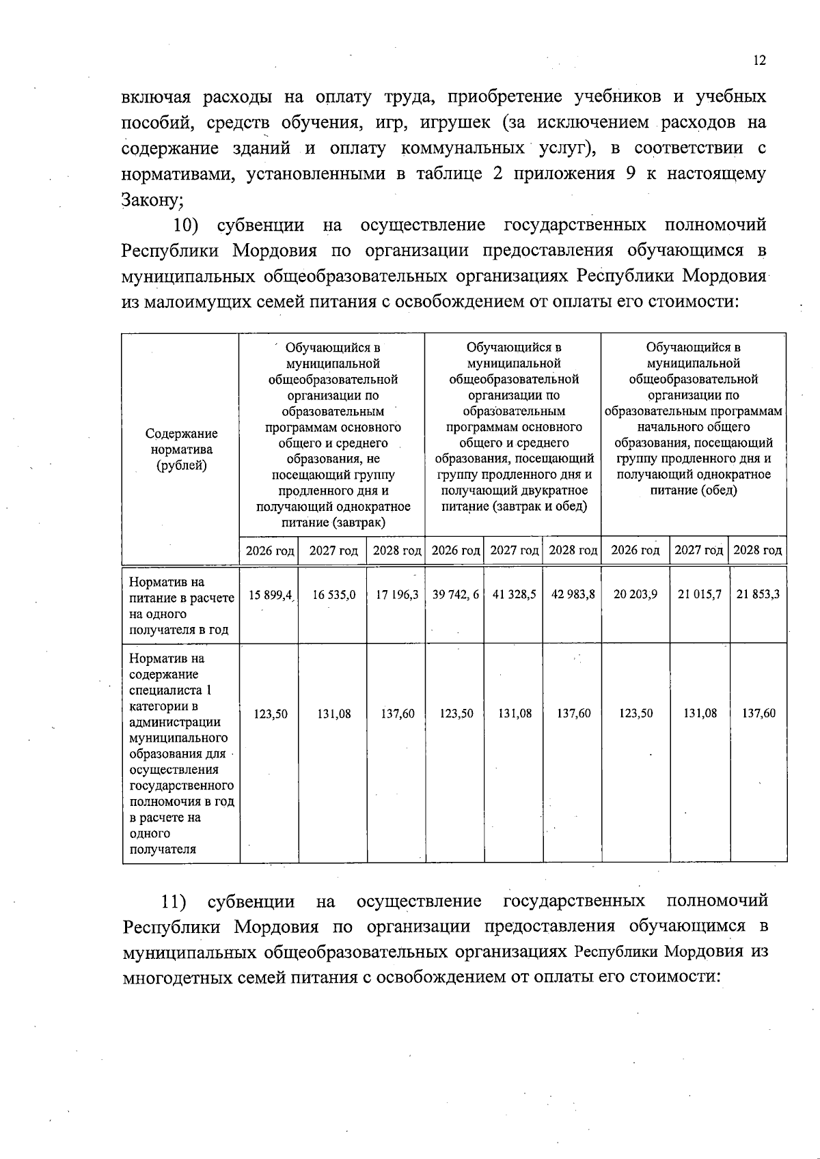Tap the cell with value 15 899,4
click(x=270, y=595)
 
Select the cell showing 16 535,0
click(x=333, y=595)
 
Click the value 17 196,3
click(x=397, y=595)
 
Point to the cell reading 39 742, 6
click(x=456, y=595)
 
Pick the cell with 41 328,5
click(x=514, y=595)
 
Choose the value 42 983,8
click(x=573, y=595)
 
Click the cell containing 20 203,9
click(x=635, y=595)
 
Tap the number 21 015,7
click(x=700, y=595)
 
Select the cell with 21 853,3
click(x=758, y=595)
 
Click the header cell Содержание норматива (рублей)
click(x=181, y=449)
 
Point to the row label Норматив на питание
click(x=181, y=605)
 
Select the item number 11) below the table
click(x=174, y=902)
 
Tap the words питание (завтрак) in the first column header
click(x=333, y=522)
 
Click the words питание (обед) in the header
click(x=693, y=490)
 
